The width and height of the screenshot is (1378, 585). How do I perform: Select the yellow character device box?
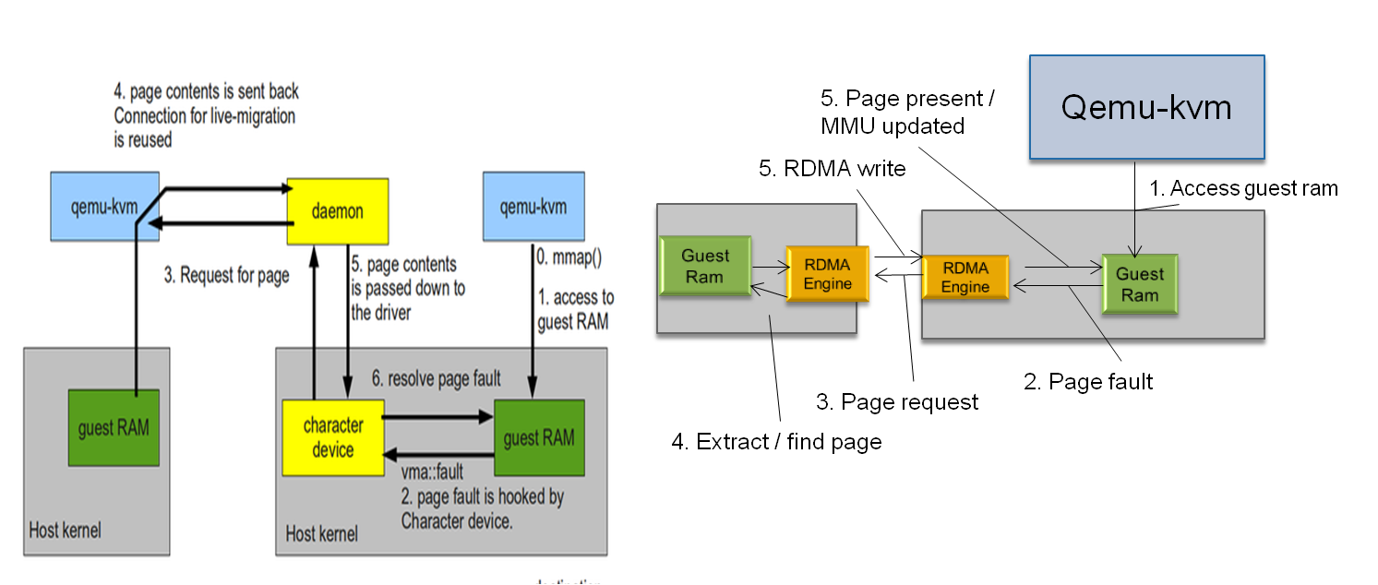pyautogui.click(x=332, y=437)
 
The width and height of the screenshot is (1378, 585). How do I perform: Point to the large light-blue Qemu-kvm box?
pyautogui.click(x=1146, y=108)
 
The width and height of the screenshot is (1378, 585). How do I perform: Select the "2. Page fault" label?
pyautogui.click(x=1088, y=381)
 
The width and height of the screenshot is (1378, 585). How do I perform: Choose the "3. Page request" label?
pyautogui.click(x=897, y=401)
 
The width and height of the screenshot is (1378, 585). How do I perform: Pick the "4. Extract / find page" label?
pyautogui.click(x=776, y=442)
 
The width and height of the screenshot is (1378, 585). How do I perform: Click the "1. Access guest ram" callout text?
pyautogui.click(x=1242, y=188)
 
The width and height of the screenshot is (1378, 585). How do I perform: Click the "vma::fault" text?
pyautogui.click(x=432, y=474)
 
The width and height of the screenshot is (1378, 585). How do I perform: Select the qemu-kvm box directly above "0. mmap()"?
pyautogui.click(x=532, y=206)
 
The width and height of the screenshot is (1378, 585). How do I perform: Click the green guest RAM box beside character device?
pyautogui.click(x=539, y=437)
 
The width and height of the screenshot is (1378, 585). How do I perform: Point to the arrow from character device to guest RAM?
pyautogui.click(x=437, y=417)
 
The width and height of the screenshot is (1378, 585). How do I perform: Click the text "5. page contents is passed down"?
pyautogui.click(x=408, y=276)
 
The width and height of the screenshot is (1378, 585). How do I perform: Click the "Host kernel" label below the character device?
pyautogui.click(x=321, y=533)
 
